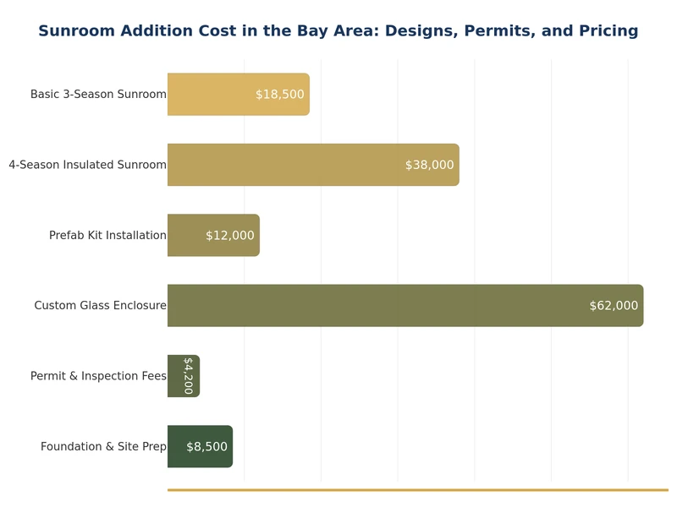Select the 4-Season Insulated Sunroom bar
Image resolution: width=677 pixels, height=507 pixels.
[288, 165]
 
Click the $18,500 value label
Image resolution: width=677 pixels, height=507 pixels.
[280, 95]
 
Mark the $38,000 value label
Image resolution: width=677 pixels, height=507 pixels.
[430, 165]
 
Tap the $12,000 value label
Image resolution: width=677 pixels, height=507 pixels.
[230, 236]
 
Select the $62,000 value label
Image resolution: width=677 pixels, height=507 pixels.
[614, 306]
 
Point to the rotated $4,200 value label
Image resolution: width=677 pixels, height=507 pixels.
[188, 376]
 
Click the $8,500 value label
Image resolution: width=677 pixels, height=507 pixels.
[207, 446]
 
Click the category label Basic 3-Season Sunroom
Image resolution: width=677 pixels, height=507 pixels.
[98, 95]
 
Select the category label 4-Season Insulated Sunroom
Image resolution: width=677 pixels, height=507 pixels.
[88, 165]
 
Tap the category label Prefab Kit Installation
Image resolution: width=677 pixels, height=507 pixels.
[107, 236]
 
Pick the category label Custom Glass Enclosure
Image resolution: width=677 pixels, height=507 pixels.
[100, 306]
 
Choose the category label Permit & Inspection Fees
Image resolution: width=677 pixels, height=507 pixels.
[98, 376]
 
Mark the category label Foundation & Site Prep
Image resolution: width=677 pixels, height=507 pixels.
[103, 446]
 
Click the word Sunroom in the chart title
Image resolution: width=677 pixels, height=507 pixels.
[78, 31]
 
